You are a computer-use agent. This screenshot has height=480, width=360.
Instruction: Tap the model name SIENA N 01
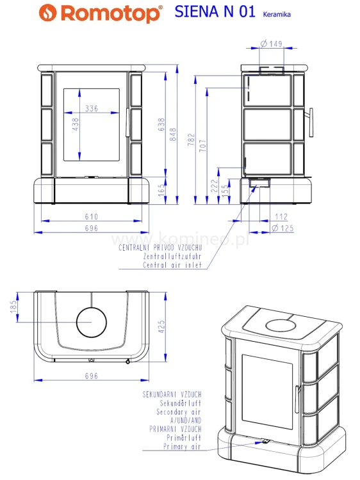coord(215,13)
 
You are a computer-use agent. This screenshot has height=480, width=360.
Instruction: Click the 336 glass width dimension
coord(92,109)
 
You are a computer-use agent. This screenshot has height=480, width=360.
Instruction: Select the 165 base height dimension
coord(161,190)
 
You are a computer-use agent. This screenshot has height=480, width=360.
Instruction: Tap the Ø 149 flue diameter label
coord(272,44)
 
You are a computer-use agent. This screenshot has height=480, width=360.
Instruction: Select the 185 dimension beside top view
coord(13,308)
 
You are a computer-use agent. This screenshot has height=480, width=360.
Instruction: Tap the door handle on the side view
coord(312,122)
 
